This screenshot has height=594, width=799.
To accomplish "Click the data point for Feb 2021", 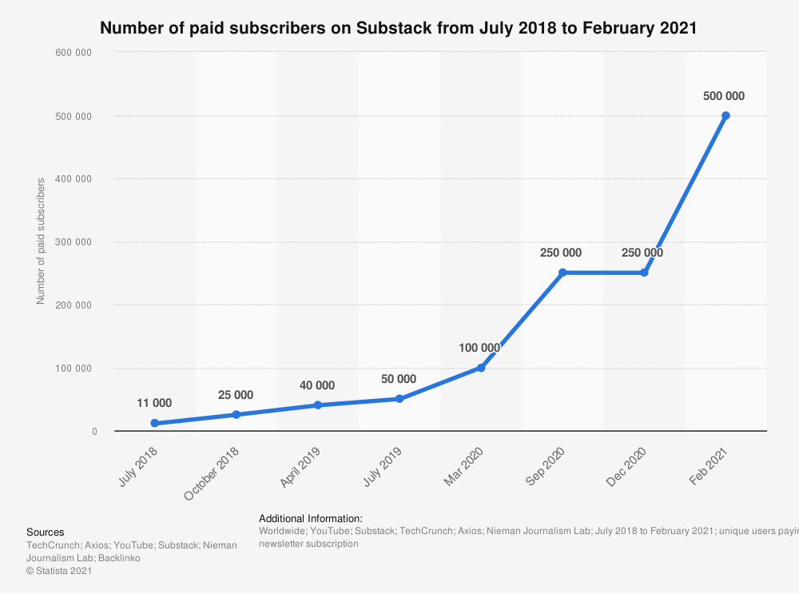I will (x=725, y=115).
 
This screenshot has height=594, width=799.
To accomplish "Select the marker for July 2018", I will (x=154, y=423).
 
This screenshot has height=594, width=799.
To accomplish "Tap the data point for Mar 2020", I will (x=481, y=368).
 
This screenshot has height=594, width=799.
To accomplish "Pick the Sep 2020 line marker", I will (x=562, y=273).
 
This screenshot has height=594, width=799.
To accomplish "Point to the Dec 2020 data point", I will (x=644, y=273).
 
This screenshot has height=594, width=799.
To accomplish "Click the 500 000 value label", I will (x=724, y=96).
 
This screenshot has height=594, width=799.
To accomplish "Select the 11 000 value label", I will (x=153, y=403).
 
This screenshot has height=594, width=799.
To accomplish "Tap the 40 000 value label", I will (x=316, y=385).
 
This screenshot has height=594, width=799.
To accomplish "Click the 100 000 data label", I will (x=479, y=348).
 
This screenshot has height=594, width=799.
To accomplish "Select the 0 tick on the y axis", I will (x=93, y=432).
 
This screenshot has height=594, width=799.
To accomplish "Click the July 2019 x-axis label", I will (x=381, y=467).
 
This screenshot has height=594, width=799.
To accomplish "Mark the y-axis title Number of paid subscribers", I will (x=40, y=241).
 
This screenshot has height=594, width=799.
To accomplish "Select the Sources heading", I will (x=46, y=532).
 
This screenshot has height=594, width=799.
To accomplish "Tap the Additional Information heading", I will (x=311, y=518).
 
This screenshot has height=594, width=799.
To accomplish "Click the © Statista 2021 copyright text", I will (x=59, y=571).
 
